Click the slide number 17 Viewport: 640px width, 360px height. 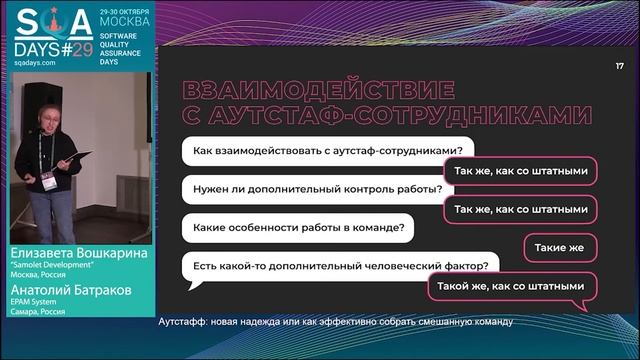click(620, 66)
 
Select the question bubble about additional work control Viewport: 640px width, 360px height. click(311, 189)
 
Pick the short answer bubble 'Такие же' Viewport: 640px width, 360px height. click(560, 247)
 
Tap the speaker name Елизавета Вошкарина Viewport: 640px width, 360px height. click(76, 254)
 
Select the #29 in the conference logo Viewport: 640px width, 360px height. click(72, 47)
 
